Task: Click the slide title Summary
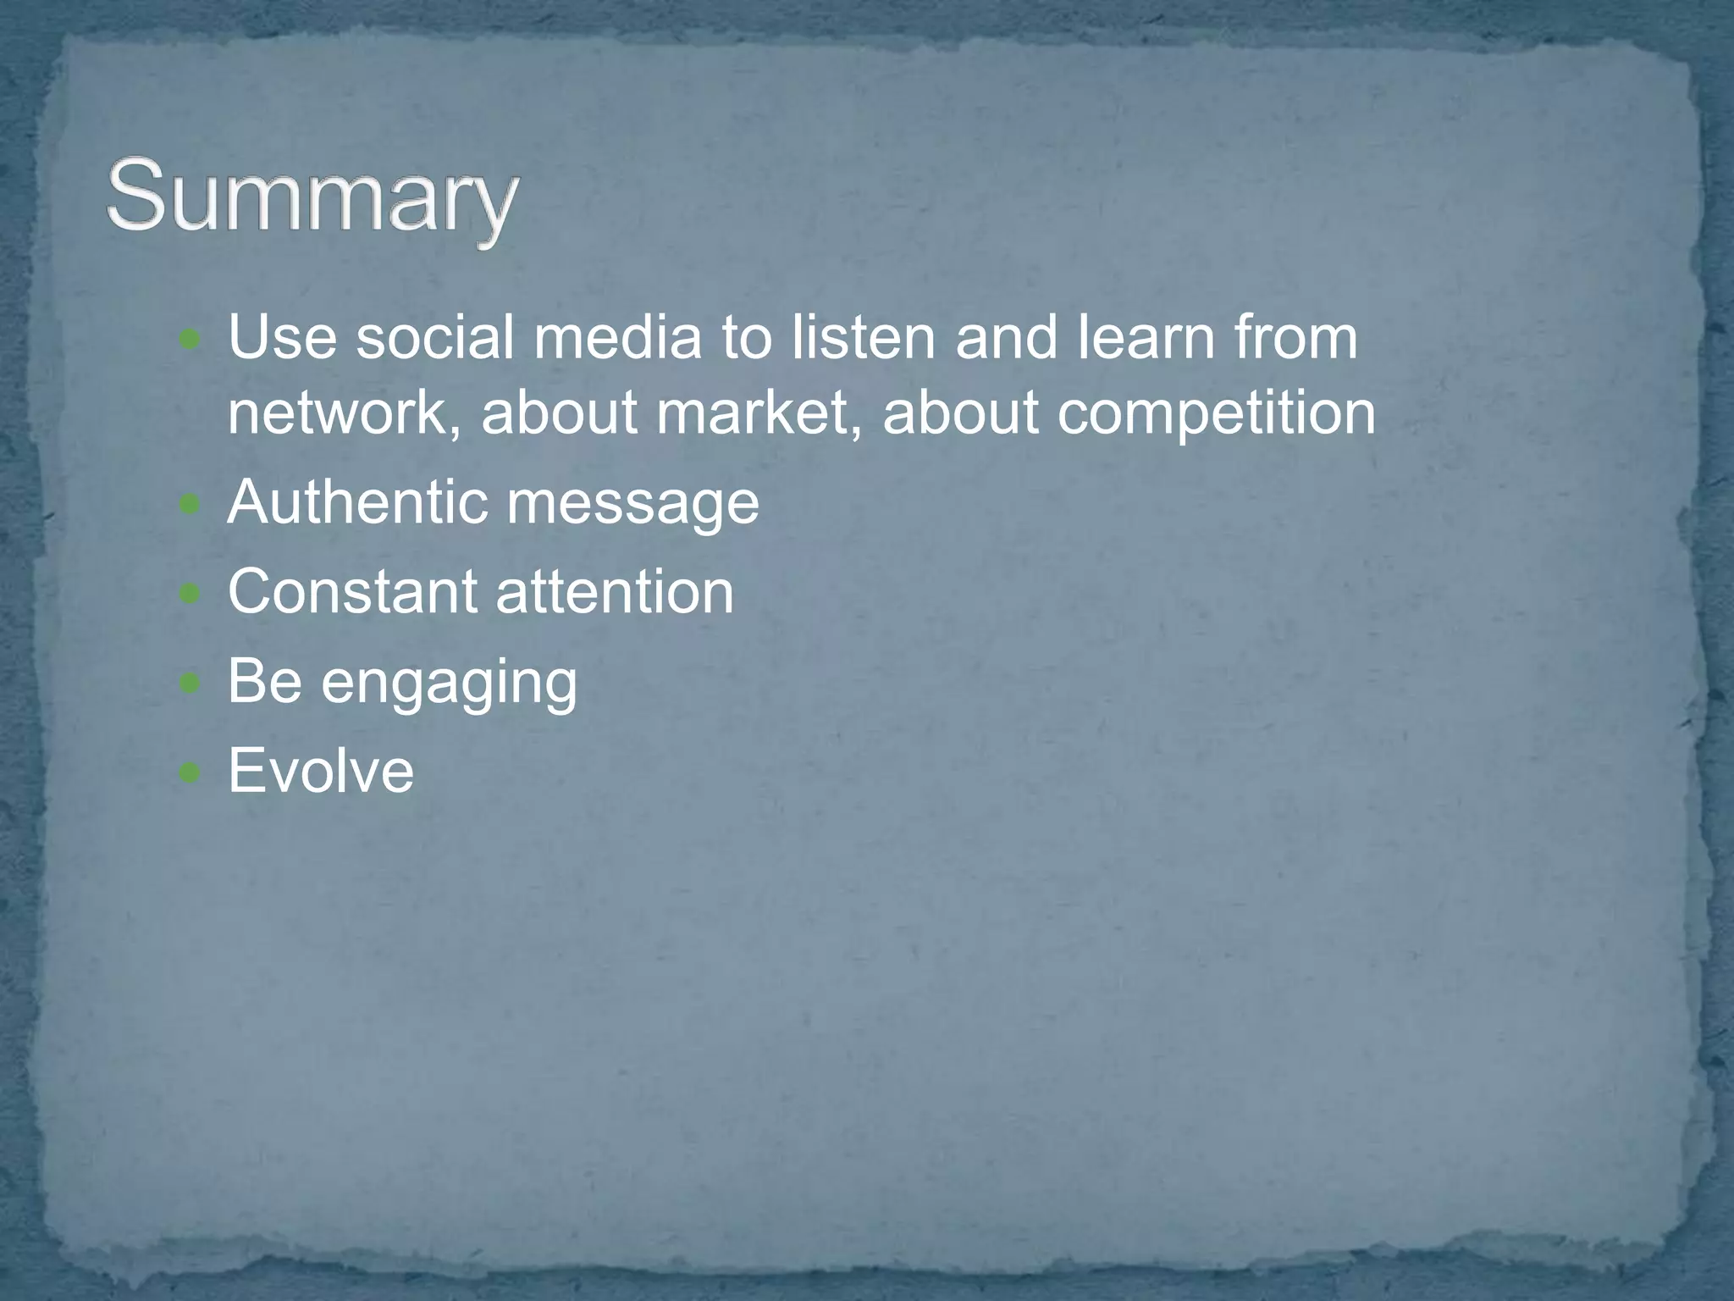pyautogui.click(x=312, y=200)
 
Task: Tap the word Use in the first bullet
pyautogui.click(x=282, y=337)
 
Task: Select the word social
pyautogui.click(x=434, y=337)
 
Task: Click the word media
pyautogui.click(x=617, y=337)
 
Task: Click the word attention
pyautogui.click(x=615, y=591)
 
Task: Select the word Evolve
pyautogui.click(x=321, y=771)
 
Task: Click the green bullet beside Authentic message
pyautogui.click(x=191, y=506)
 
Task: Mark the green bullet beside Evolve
pyautogui.click(x=191, y=772)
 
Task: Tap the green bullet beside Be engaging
pyautogui.click(x=191, y=683)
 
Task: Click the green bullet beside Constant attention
pyautogui.click(x=191, y=594)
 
